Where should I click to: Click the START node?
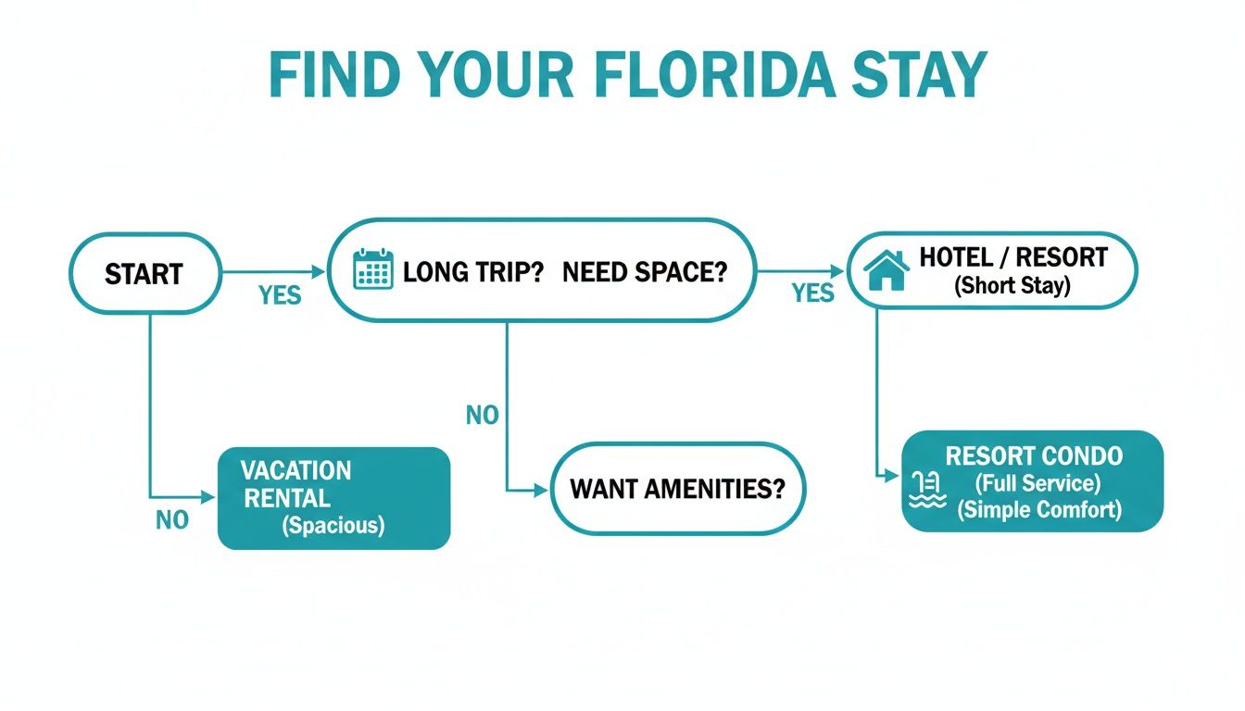click(x=145, y=273)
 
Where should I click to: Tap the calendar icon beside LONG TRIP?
click(x=373, y=268)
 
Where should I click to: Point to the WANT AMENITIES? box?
click(x=678, y=488)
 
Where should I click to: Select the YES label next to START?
click(x=280, y=294)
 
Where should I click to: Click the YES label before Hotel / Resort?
click(x=812, y=293)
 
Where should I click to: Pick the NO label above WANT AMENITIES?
click(x=482, y=415)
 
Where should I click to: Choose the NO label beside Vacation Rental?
click(x=172, y=520)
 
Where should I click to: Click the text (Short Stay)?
click(x=1012, y=285)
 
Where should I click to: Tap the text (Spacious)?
click(x=333, y=526)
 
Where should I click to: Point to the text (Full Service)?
click(x=1037, y=482)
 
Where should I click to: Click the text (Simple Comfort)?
click(x=1038, y=509)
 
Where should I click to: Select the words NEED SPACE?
click(x=645, y=272)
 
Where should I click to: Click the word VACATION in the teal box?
click(x=296, y=470)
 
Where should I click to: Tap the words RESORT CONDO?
click(x=1034, y=455)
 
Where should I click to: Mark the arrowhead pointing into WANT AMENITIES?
click(x=542, y=491)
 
